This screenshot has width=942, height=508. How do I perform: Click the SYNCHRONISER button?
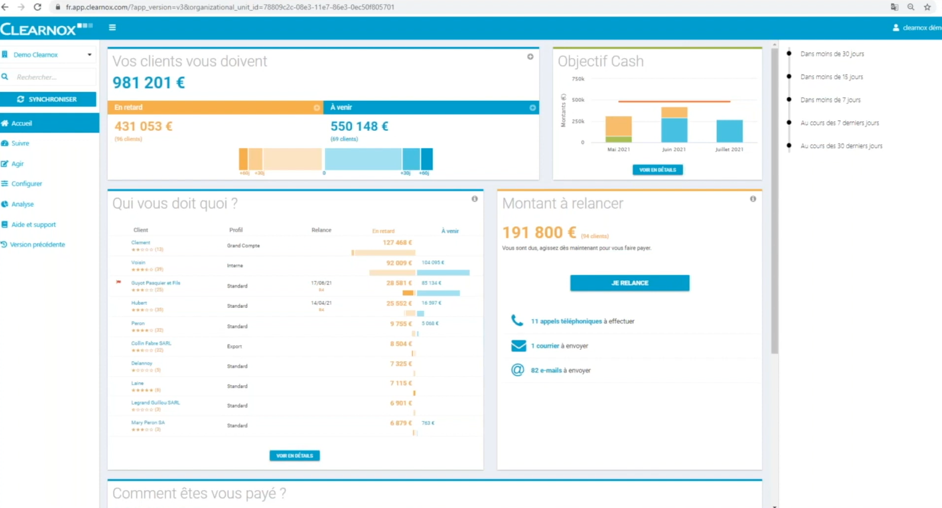pos(48,99)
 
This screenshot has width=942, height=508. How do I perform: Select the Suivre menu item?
pos(20,143)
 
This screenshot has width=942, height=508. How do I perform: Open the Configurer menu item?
pos(27,184)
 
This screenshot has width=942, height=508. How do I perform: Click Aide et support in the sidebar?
pos(33,224)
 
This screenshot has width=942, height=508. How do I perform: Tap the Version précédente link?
pos(37,245)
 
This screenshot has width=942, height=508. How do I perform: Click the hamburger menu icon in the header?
pos(112,27)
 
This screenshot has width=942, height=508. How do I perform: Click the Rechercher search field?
pos(50,77)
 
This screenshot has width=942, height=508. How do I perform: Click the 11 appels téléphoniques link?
pos(566,321)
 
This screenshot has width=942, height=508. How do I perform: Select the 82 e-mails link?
pos(546,370)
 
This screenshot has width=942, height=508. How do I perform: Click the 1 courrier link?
pos(544,346)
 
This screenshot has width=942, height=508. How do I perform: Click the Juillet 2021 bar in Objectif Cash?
pos(729,131)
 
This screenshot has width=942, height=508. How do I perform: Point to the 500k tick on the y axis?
pos(578,100)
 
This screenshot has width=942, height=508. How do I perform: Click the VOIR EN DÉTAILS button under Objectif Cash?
pos(657,170)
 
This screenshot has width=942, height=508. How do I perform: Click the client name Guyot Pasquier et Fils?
pos(156,283)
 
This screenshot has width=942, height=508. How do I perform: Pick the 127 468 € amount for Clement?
pos(397,243)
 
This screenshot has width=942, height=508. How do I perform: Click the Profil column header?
pos(236,230)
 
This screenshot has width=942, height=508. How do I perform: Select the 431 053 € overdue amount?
pos(143,126)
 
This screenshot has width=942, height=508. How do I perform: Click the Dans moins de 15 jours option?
pos(831,77)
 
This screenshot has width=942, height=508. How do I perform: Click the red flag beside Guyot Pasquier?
pos(119,282)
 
